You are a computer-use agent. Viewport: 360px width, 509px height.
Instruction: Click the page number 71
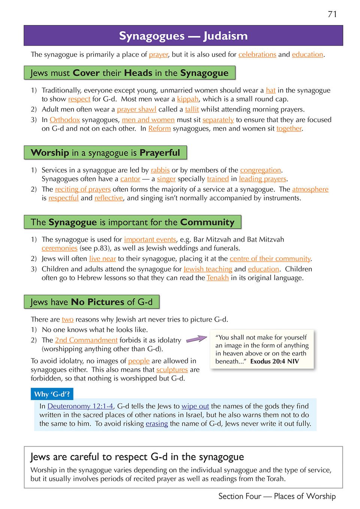[x=332, y=14]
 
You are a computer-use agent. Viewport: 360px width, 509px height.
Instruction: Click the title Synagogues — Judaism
[x=183, y=36]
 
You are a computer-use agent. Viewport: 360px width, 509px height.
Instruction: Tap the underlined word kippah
[x=188, y=99]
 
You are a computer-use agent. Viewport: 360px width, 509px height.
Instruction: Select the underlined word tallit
[x=192, y=109]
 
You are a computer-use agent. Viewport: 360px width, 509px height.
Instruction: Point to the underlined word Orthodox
[x=65, y=120]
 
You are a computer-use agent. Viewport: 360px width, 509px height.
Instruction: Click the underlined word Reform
[x=160, y=129]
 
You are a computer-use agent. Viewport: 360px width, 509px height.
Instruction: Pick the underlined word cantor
[x=130, y=179]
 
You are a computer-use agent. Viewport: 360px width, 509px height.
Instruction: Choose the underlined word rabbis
[x=160, y=170]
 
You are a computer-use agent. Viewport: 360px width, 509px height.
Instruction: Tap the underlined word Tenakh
[x=218, y=278]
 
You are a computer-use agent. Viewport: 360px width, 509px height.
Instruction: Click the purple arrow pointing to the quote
[x=197, y=339]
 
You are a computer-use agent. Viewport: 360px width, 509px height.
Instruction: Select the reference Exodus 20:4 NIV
[x=275, y=362]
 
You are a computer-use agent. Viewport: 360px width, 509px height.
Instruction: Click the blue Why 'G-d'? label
[x=52, y=394]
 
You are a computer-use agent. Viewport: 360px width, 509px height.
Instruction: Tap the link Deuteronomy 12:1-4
[x=80, y=406]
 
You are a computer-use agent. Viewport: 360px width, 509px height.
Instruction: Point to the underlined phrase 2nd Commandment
[x=86, y=340]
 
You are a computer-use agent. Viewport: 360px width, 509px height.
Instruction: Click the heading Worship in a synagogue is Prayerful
[x=105, y=153]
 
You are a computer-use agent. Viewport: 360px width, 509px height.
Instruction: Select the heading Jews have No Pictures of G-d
[x=91, y=302]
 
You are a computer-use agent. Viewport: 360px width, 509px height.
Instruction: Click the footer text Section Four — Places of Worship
[x=277, y=496]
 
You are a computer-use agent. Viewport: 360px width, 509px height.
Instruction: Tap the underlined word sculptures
[x=172, y=370]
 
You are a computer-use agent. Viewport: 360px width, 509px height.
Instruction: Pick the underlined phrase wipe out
[x=195, y=406]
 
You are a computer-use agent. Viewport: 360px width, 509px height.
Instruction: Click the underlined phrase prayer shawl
[x=136, y=109]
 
